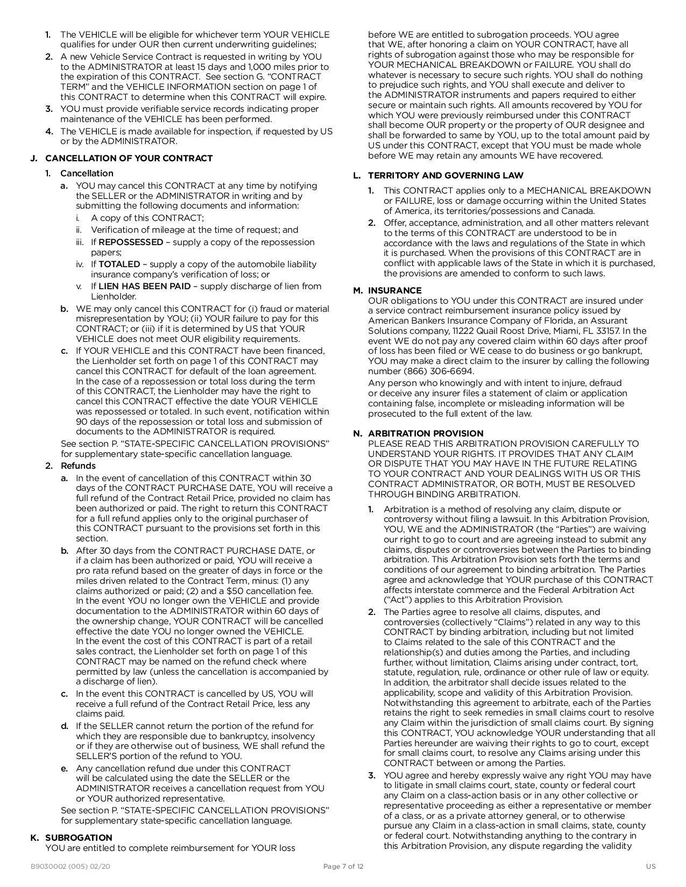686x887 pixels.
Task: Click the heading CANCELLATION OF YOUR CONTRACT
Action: click(x=129, y=158)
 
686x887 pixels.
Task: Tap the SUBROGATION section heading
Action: click(x=79, y=838)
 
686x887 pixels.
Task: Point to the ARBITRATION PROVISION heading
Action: click(x=426, y=433)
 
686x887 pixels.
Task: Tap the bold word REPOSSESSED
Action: click(x=131, y=242)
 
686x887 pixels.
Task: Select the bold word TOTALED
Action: click(x=119, y=264)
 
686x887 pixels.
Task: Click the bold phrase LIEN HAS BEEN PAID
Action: click(x=144, y=286)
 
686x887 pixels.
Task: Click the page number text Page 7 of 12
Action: click(x=343, y=866)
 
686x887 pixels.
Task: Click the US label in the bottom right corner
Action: click(x=651, y=866)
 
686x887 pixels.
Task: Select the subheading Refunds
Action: click(x=78, y=466)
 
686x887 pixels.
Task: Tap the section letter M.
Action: click(x=357, y=290)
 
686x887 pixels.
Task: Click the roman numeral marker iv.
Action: click(x=80, y=264)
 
